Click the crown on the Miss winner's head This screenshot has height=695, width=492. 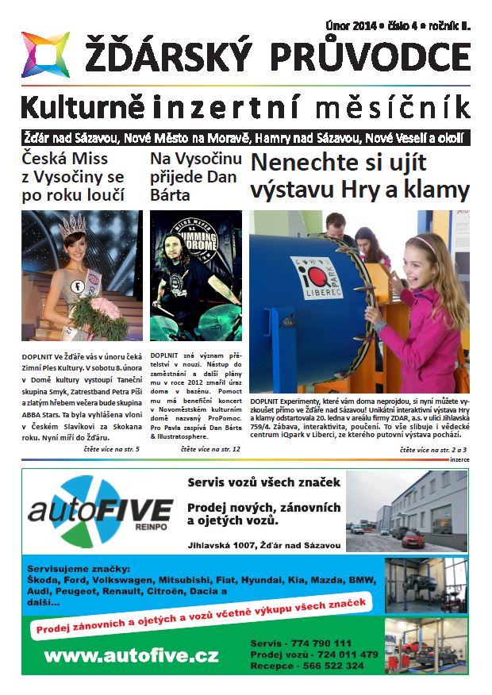(74, 225)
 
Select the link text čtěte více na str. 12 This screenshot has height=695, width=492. (209, 450)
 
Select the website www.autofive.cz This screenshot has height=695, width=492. (131, 656)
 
